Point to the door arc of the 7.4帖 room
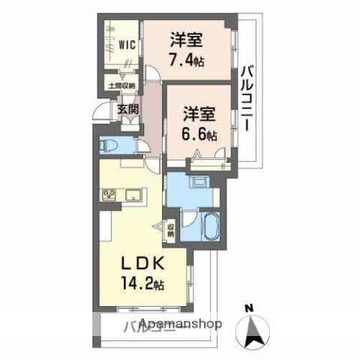click(x=152, y=76)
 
